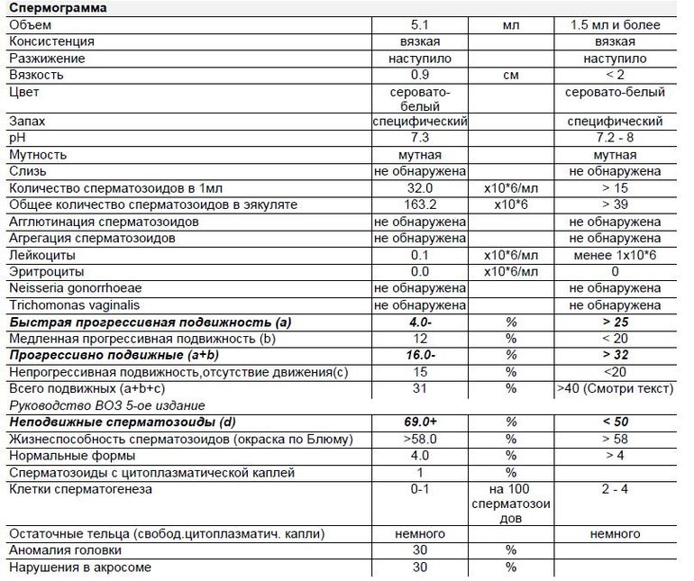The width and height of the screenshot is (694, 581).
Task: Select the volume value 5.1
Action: coord(419,25)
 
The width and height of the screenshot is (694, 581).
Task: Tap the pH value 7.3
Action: coord(419,138)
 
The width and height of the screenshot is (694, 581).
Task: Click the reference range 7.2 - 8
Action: coord(616,138)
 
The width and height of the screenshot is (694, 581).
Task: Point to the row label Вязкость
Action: coord(35,76)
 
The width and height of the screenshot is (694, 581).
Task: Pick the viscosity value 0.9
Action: coord(419,76)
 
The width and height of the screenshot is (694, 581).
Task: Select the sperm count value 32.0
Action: coord(419,189)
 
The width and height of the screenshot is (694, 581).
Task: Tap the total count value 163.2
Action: coord(419,205)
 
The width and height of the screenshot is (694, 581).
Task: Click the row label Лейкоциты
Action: coord(39,255)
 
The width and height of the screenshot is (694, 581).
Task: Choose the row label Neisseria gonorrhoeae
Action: coord(71,288)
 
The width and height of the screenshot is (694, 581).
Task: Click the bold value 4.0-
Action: coord(419,322)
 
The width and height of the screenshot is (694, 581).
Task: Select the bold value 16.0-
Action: coord(419,355)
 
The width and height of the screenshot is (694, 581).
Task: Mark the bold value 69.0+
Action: coord(419,422)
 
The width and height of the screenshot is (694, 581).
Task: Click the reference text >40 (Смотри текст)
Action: coord(616,388)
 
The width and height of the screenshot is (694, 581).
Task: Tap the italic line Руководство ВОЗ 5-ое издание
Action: coord(106,405)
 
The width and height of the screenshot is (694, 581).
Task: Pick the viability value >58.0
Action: coord(419,439)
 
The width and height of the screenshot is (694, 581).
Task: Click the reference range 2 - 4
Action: coord(616,489)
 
